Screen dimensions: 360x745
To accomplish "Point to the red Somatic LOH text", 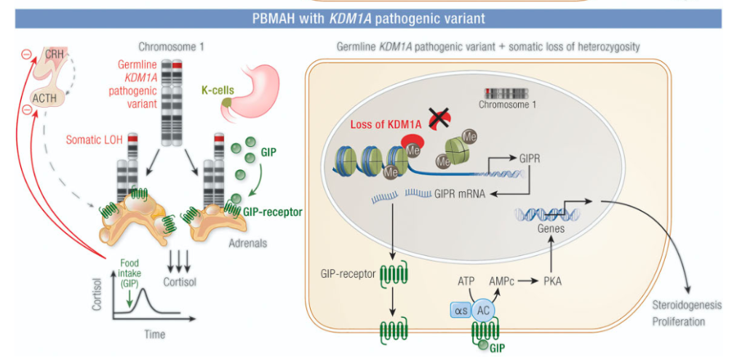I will [95, 139].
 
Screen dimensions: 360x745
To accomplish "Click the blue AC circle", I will [484, 311].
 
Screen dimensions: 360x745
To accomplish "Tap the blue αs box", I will [461, 311].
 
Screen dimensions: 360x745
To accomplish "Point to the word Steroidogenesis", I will [688, 305].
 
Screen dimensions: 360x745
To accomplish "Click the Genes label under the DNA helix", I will [551, 228].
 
